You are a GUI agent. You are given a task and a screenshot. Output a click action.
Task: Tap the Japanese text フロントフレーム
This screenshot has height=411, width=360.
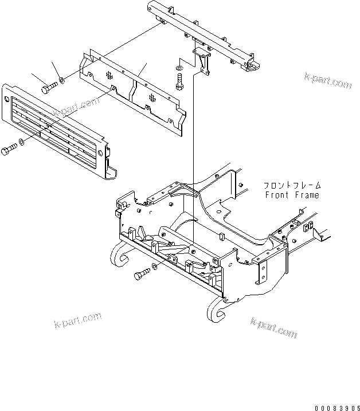292,185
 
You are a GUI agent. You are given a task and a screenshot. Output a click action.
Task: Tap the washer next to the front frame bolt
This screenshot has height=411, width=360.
155,268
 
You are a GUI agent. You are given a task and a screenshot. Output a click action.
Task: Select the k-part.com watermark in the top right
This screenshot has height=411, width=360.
327,80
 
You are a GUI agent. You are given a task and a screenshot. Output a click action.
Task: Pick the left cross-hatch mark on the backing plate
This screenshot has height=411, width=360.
109,75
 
